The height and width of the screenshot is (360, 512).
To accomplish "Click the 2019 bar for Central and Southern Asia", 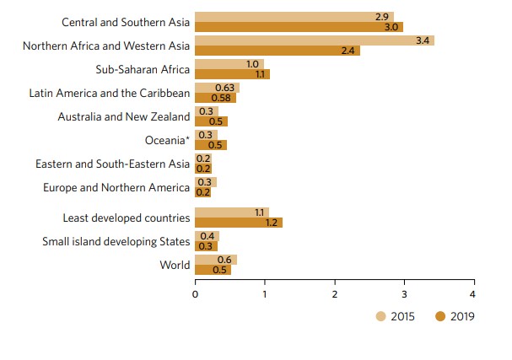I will click(x=299, y=27).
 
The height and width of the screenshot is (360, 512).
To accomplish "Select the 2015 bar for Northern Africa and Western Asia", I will click(x=314, y=40).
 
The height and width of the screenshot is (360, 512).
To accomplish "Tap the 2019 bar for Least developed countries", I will click(x=238, y=223).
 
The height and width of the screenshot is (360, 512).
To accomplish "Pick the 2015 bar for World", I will click(x=215, y=260).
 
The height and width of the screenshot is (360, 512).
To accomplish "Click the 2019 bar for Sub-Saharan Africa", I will click(x=232, y=74).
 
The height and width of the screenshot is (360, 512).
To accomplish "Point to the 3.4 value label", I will click(x=423, y=40).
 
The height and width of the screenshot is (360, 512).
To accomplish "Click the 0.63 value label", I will click(x=224, y=88).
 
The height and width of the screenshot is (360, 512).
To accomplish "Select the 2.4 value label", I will click(x=349, y=51).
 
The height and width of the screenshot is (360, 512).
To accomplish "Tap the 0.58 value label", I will click(x=224, y=98).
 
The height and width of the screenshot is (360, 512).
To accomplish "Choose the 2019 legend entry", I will click(x=455, y=316).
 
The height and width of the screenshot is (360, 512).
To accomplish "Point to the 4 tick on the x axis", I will click(x=473, y=294).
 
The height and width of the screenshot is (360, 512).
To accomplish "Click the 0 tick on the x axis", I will click(x=195, y=294).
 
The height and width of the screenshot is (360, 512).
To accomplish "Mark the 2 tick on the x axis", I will click(x=335, y=294).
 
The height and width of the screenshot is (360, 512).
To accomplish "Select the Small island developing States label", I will click(x=116, y=242).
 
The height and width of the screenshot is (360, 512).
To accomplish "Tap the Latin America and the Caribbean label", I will click(x=110, y=93).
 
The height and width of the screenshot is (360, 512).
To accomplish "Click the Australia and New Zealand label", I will click(x=124, y=116).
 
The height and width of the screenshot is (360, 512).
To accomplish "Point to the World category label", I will click(x=175, y=265).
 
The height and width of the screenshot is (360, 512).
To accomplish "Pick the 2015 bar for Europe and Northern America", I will click(x=206, y=182).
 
